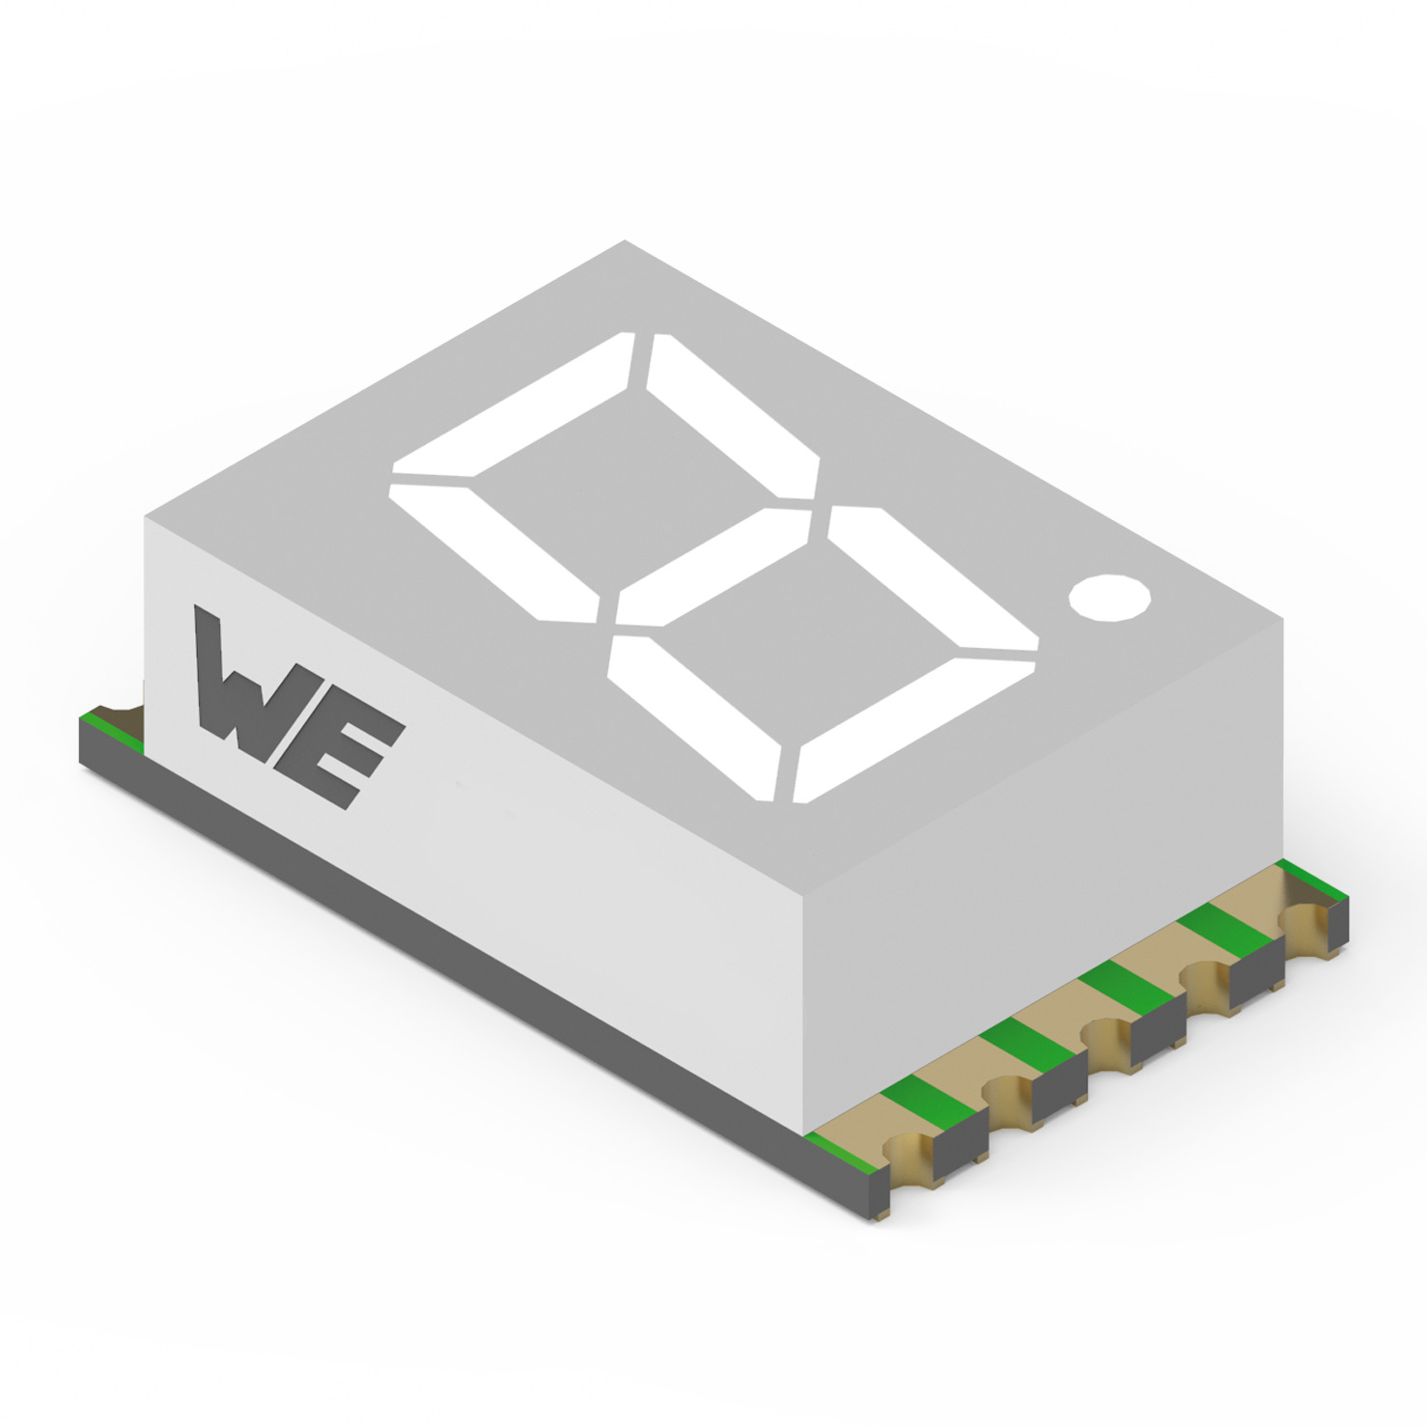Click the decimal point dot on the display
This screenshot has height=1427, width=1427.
pyautogui.click(x=1109, y=597)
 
